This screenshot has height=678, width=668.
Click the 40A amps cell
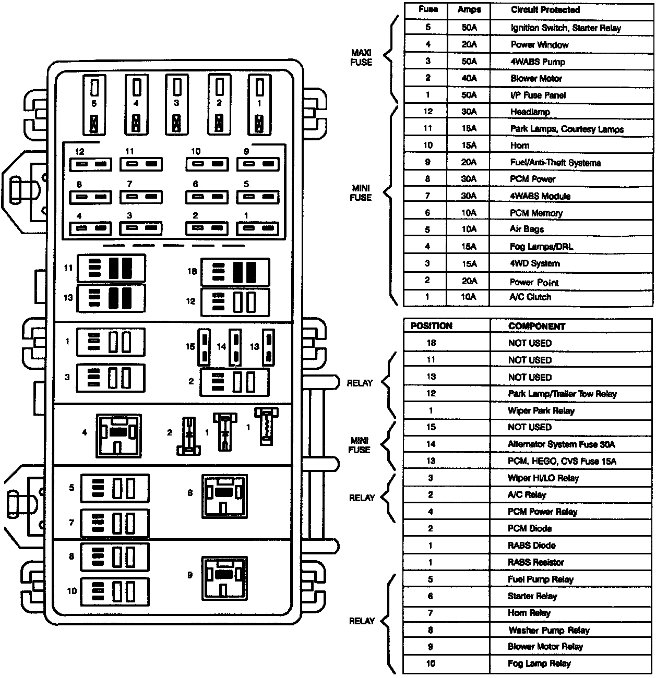click(x=469, y=78)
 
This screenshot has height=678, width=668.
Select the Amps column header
click(x=469, y=10)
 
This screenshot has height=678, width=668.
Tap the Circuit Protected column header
click(x=545, y=10)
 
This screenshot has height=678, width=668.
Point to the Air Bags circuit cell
click(x=527, y=229)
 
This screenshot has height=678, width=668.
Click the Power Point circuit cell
click(x=534, y=282)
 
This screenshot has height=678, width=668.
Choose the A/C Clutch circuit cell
click(x=530, y=297)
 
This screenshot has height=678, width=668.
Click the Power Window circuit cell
click(x=539, y=45)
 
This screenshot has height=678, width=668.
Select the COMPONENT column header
click(x=536, y=326)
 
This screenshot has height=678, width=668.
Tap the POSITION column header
click(x=431, y=326)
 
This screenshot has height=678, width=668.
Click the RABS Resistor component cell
click(x=535, y=562)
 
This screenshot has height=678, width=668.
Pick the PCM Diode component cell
click(x=530, y=528)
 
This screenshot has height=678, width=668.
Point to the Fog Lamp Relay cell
click(x=539, y=664)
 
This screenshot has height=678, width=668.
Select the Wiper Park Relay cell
click(x=541, y=410)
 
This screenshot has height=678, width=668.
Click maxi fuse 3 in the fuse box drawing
click(x=177, y=104)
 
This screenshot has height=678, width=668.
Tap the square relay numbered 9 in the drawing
click(x=224, y=578)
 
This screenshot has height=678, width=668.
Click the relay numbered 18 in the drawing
click(x=235, y=272)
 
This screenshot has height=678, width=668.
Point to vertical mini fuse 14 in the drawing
click(x=235, y=347)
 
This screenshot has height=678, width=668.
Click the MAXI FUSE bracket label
click(x=361, y=57)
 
